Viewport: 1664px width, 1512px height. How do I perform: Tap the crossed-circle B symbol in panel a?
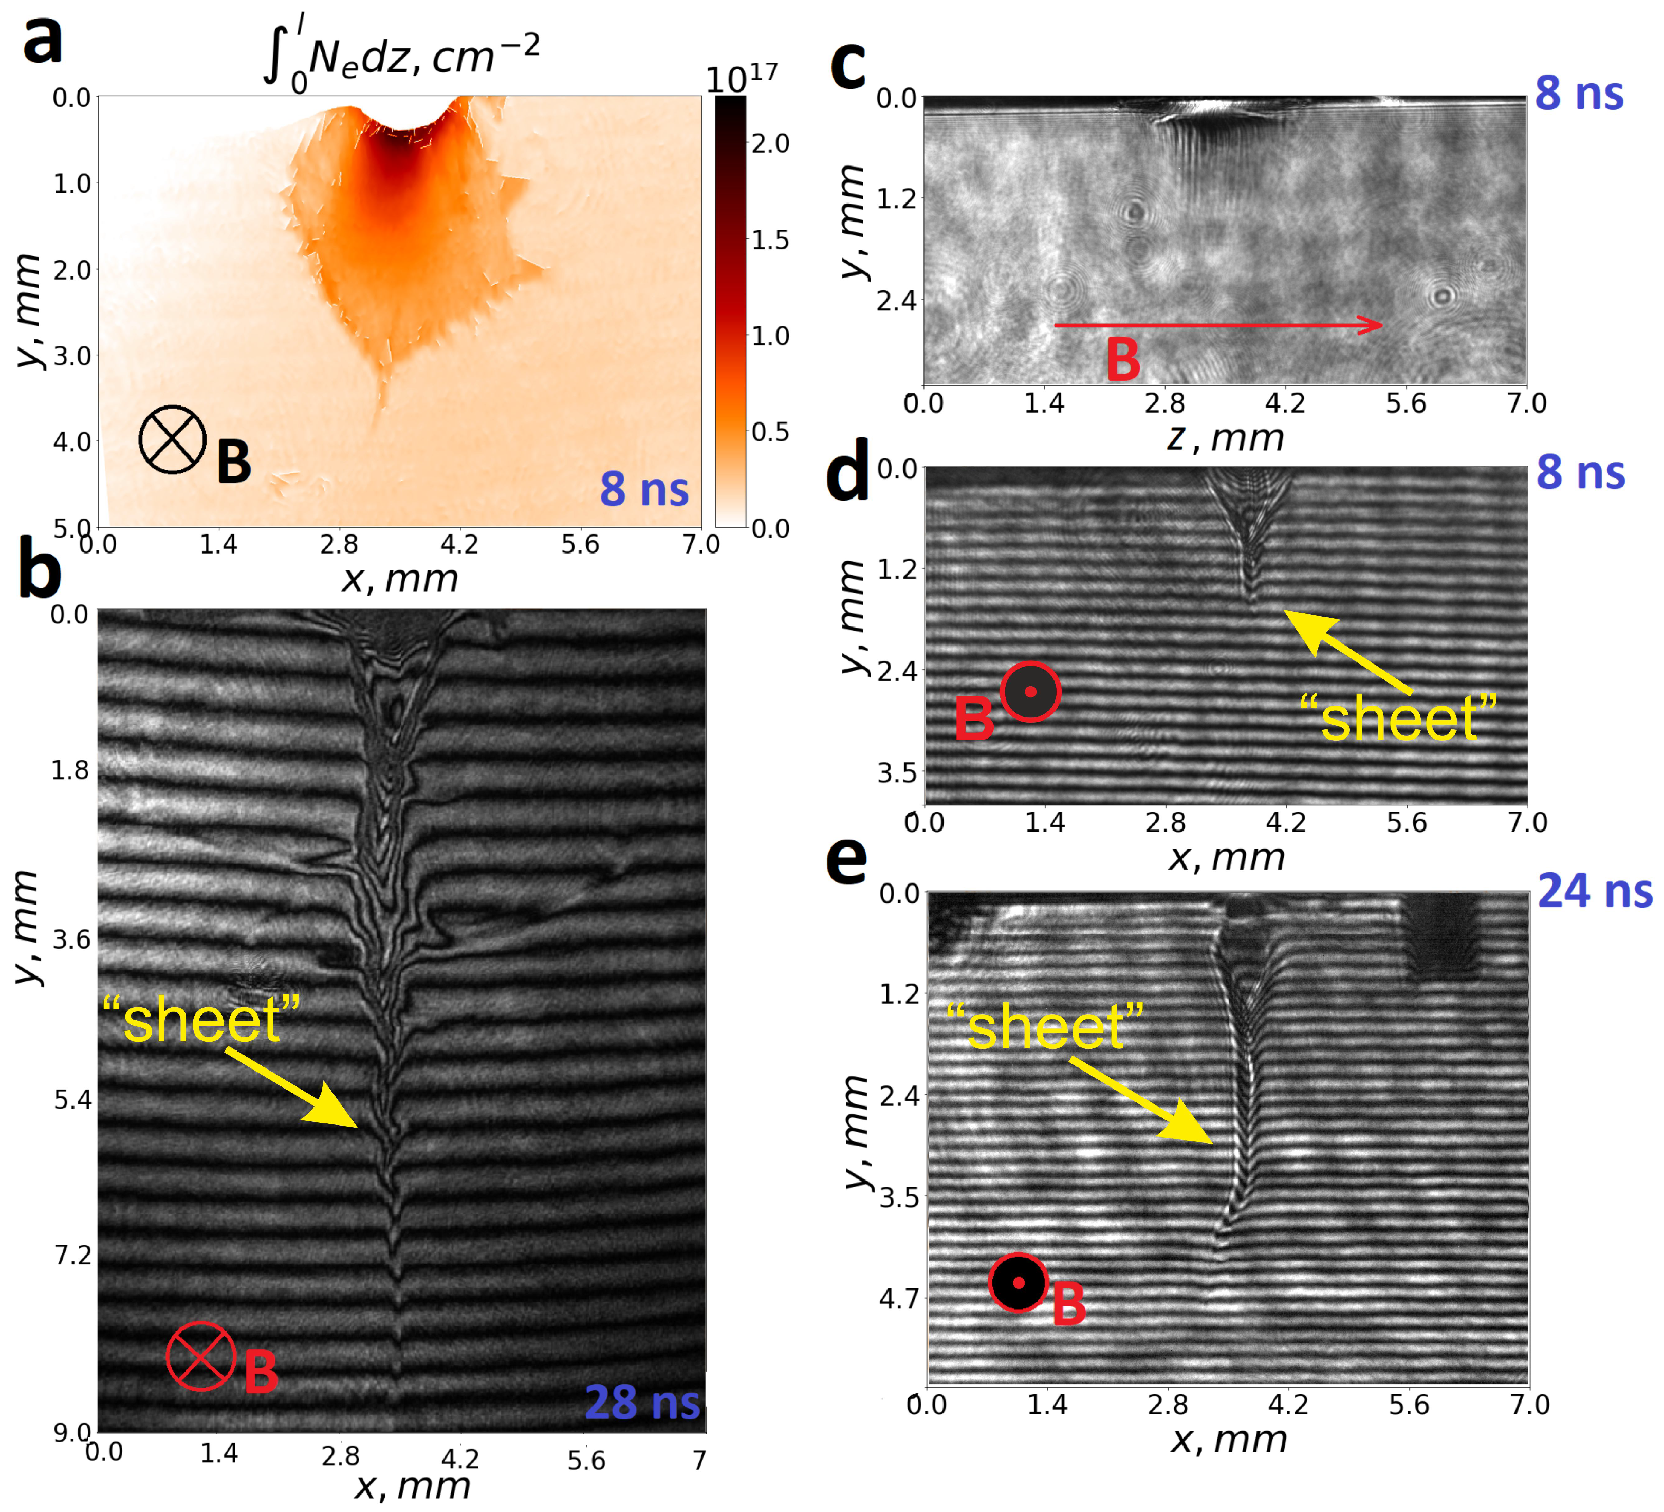coord(173,440)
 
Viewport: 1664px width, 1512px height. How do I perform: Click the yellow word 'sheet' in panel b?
coord(200,1020)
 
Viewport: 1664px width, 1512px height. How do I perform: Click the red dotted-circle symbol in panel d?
coord(1030,692)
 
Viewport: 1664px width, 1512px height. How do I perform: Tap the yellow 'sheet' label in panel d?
coord(1398,718)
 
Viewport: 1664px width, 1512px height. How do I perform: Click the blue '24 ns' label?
coord(1595,891)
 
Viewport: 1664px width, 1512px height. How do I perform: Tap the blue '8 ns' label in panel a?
coord(644,489)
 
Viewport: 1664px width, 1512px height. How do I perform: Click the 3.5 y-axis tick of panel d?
coord(897,773)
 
